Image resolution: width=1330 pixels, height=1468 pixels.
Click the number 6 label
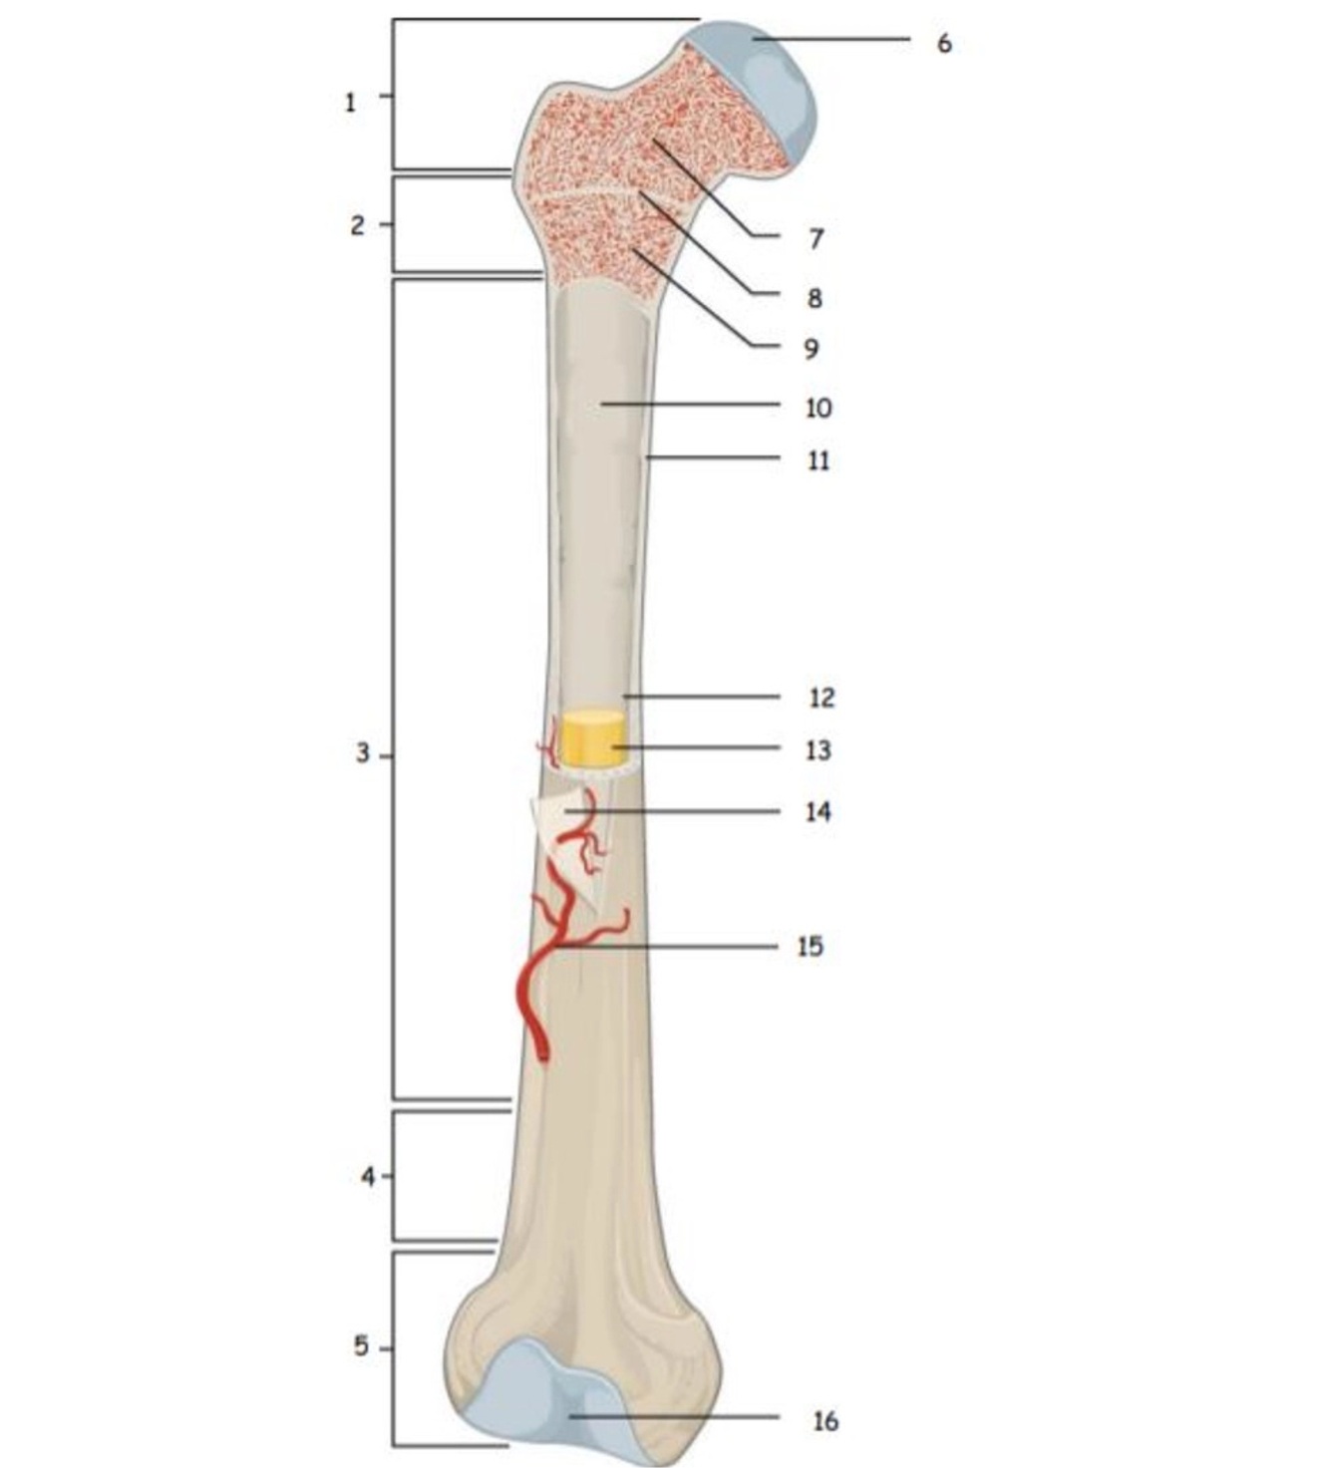944,43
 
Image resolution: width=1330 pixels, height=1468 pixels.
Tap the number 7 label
816,238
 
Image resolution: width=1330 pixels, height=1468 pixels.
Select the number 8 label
815,297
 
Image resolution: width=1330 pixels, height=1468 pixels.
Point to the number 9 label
811,349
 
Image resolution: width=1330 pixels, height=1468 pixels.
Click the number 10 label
818,408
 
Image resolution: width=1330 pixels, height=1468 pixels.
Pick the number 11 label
818,460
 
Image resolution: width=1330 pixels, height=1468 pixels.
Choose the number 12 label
821,698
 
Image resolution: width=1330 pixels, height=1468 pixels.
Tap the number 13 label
818,749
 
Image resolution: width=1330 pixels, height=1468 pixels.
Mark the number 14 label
818,812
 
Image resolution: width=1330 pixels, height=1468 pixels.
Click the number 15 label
810,946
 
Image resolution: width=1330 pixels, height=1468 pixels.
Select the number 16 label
825,1420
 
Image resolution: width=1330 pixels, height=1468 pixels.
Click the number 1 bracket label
350,102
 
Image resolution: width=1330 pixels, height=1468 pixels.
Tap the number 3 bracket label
362,753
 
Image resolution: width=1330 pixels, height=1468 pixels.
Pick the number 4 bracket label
368,1177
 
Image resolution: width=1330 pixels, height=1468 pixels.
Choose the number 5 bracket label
361,1346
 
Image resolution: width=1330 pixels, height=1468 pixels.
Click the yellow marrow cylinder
592,738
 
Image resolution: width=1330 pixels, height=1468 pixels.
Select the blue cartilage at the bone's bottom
538,1395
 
